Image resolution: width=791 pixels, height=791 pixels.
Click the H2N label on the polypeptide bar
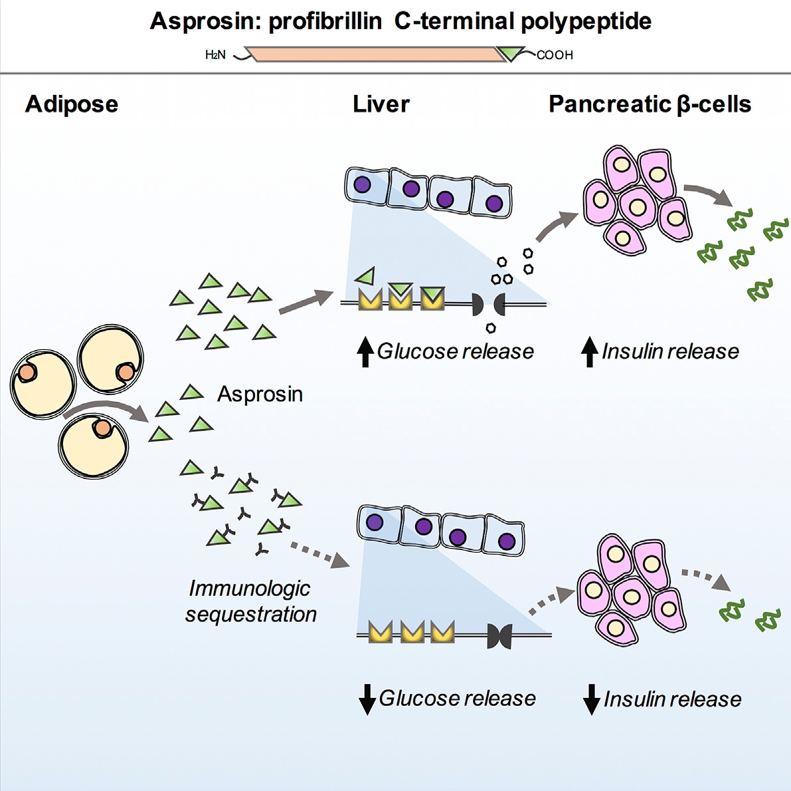click(x=215, y=55)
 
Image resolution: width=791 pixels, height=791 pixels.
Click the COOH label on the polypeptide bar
click(x=555, y=55)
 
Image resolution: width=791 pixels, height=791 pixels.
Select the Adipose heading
click(x=72, y=104)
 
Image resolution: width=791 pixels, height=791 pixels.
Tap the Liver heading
click(x=381, y=104)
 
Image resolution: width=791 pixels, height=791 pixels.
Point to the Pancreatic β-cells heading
click(x=650, y=104)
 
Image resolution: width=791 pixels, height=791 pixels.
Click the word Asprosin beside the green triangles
click(x=260, y=395)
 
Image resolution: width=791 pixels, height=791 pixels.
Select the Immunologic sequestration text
click(x=250, y=601)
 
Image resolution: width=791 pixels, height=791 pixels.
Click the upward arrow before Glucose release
click(x=365, y=352)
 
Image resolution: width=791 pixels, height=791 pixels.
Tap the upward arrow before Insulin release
click(x=590, y=352)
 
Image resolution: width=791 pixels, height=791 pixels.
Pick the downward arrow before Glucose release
click(x=367, y=699)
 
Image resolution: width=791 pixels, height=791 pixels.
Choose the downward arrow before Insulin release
click(x=591, y=699)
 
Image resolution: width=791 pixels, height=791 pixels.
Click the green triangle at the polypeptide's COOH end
click(x=512, y=53)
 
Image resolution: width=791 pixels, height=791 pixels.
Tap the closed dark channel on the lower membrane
click(x=499, y=636)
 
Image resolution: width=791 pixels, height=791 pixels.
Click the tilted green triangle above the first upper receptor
click(x=365, y=275)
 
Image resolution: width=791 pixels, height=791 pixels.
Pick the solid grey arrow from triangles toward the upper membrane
click(x=305, y=302)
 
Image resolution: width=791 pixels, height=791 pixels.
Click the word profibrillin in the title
click(x=325, y=22)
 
